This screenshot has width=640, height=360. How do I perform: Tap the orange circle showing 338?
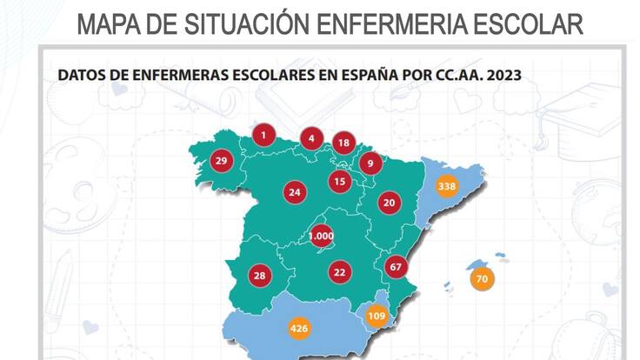(x=447, y=186)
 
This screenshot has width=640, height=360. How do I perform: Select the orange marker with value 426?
(x=298, y=329)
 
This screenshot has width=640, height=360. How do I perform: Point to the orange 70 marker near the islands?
(x=481, y=279)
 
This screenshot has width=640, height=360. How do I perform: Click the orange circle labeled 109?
(x=377, y=316)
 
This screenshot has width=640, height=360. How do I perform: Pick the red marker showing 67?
(x=396, y=266)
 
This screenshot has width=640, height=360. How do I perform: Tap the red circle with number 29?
(x=221, y=161)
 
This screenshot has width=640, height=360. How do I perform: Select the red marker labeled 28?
(x=259, y=276)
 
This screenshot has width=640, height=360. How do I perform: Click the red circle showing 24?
(x=295, y=192)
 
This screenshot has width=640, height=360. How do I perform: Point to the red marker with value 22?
(x=339, y=272)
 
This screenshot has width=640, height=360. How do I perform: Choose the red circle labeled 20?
(x=389, y=203)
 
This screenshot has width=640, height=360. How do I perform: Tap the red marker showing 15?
(x=339, y=181)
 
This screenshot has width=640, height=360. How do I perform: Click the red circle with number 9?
(x=370, y=162)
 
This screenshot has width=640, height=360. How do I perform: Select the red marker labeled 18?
(x=343, y=143)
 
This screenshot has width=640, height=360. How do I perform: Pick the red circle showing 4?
(x=310, y=137)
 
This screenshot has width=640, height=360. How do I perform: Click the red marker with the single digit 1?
(x=263, y=135)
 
